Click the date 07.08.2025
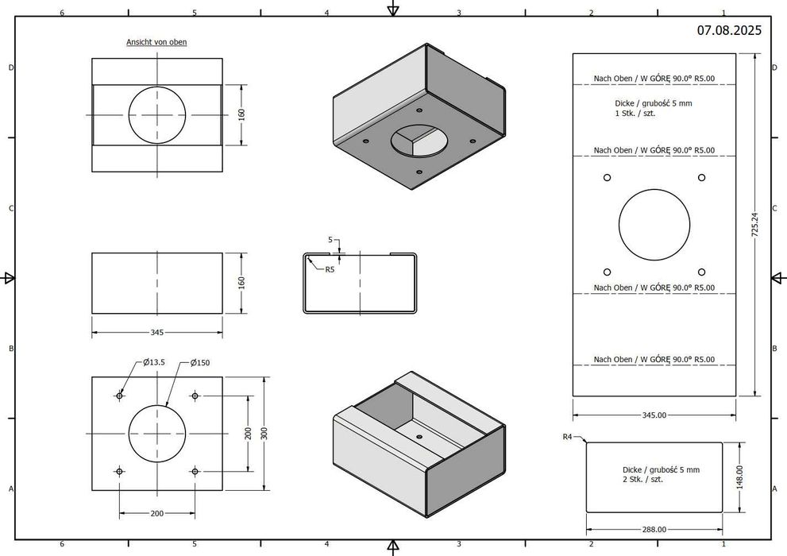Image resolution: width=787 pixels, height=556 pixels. click(x=729, y=30)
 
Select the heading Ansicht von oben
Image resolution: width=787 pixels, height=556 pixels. click(x=156, y=42)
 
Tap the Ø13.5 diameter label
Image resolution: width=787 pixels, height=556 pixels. click(x=153, y=362)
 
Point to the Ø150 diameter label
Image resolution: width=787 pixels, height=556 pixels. click(x=200, y=362)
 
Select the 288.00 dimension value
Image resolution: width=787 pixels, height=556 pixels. click(x=654, y=529)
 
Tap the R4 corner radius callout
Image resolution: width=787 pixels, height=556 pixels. click(x=567, y=437)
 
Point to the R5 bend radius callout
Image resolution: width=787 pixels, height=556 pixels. click(x=330, y=269)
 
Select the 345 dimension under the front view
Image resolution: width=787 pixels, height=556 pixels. click(x=156, y=332)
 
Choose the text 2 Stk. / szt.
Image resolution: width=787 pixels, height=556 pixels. click(x=644, y=481)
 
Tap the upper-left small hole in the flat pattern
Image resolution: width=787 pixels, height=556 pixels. click(x=607, y=177)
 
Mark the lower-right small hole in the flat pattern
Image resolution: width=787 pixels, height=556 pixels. click(x=700, y=271)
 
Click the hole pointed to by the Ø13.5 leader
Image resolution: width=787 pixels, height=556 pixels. click(x=120, y=396)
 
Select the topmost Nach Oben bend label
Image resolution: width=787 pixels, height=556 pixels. click(x=654, y=78)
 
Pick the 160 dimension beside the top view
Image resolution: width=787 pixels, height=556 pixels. click(x=241, y=114)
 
